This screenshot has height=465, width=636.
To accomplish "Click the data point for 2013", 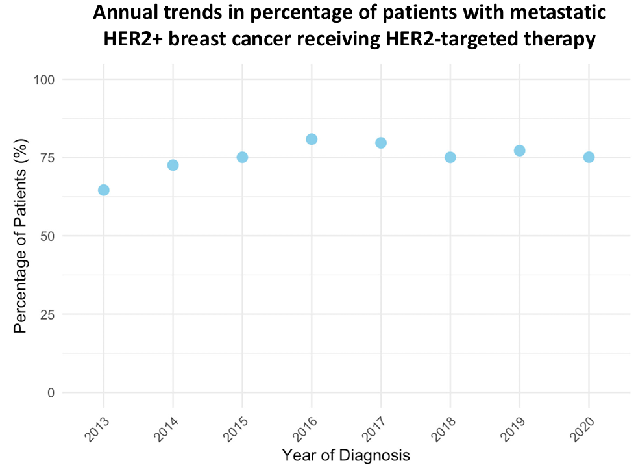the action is coord(103,190).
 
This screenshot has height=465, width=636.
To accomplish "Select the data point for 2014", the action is coord(173,165).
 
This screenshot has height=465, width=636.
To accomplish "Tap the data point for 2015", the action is coord(242,157).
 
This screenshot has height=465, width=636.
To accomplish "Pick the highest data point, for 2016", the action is coord(312,139).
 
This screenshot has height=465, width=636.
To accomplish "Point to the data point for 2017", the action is coord(381,143).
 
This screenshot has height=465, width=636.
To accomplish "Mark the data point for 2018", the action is coord(450,157).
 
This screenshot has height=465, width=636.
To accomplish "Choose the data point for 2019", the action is coord(520,151).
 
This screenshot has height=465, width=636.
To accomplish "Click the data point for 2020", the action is coord(589,157).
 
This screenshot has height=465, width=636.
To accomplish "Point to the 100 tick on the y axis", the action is coord(44,79).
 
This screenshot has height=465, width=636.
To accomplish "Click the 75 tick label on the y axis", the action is coord(47,158).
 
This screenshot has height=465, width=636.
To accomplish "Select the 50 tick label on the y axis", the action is coord(47,236).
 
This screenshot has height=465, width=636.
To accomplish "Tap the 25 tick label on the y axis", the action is coord(47,314).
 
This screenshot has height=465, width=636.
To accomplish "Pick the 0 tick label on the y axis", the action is coord(51,393).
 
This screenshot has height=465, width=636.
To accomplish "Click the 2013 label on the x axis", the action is coord(97,429).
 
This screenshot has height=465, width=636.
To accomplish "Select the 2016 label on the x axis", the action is coord(306,429).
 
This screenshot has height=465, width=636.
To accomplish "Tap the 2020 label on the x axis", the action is coord(583,429).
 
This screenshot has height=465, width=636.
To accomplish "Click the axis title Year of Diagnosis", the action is coord(346,455).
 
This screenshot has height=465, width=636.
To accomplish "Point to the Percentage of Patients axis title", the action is coord(20,236).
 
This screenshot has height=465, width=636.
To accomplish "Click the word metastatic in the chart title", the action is coord(558,12).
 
